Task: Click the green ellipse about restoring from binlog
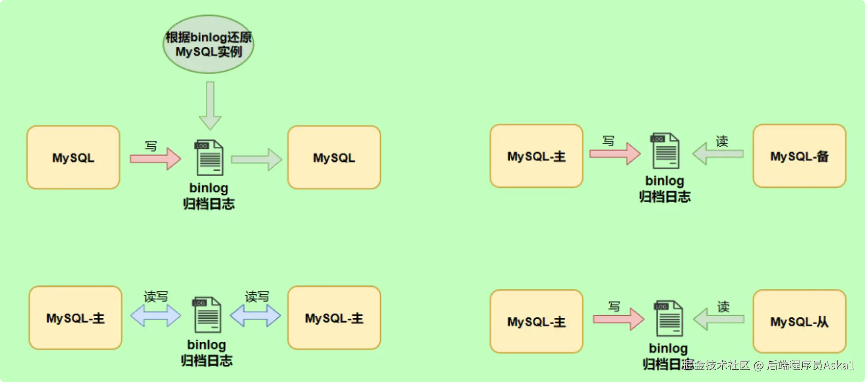208,44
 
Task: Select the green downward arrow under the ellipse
210,106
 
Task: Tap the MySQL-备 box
799,156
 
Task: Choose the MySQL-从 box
799,321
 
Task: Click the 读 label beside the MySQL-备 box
722,141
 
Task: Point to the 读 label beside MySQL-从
723,307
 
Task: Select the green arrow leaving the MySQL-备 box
717,154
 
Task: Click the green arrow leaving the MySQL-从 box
718,319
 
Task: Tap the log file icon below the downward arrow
209,158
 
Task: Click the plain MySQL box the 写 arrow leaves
73,158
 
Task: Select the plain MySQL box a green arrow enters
334,158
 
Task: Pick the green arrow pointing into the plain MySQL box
256,159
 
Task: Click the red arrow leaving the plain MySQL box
155,158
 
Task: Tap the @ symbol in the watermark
758,365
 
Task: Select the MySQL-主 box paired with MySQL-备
536,156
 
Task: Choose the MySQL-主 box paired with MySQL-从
536,321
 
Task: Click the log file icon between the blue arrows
207,315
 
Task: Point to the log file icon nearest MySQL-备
665,151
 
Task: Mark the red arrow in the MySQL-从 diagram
618,319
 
